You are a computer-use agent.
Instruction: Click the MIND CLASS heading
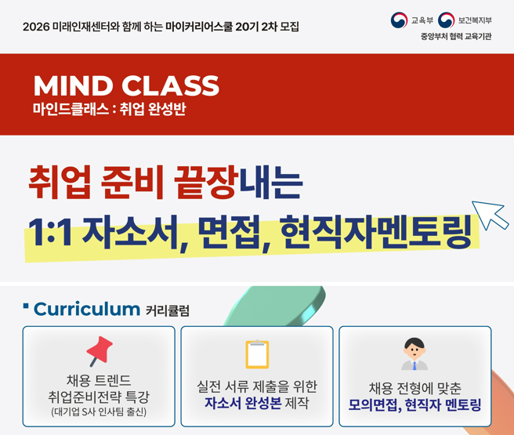coord(126,85)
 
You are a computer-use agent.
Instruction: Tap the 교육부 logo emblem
coord(399,20)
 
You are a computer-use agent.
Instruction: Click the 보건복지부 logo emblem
coord(446,20)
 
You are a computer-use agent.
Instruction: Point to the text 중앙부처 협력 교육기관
coord(454,37)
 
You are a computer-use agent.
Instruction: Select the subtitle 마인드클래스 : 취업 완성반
coord(109,110)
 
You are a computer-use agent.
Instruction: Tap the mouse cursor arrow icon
coord(490,216)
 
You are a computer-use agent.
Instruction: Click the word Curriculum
coord(86,309)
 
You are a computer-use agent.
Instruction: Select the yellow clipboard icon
coord(257,354)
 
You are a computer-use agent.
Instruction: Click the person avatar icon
coord(414,354)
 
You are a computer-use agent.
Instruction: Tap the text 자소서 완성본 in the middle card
coord(242,404)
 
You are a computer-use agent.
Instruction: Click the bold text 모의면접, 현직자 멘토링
coord(414,405)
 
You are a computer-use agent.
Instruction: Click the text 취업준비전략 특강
coord(99,396)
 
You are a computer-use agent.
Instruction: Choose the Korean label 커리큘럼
coord(167,311)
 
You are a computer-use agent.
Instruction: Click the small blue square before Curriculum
coord(26,305)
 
